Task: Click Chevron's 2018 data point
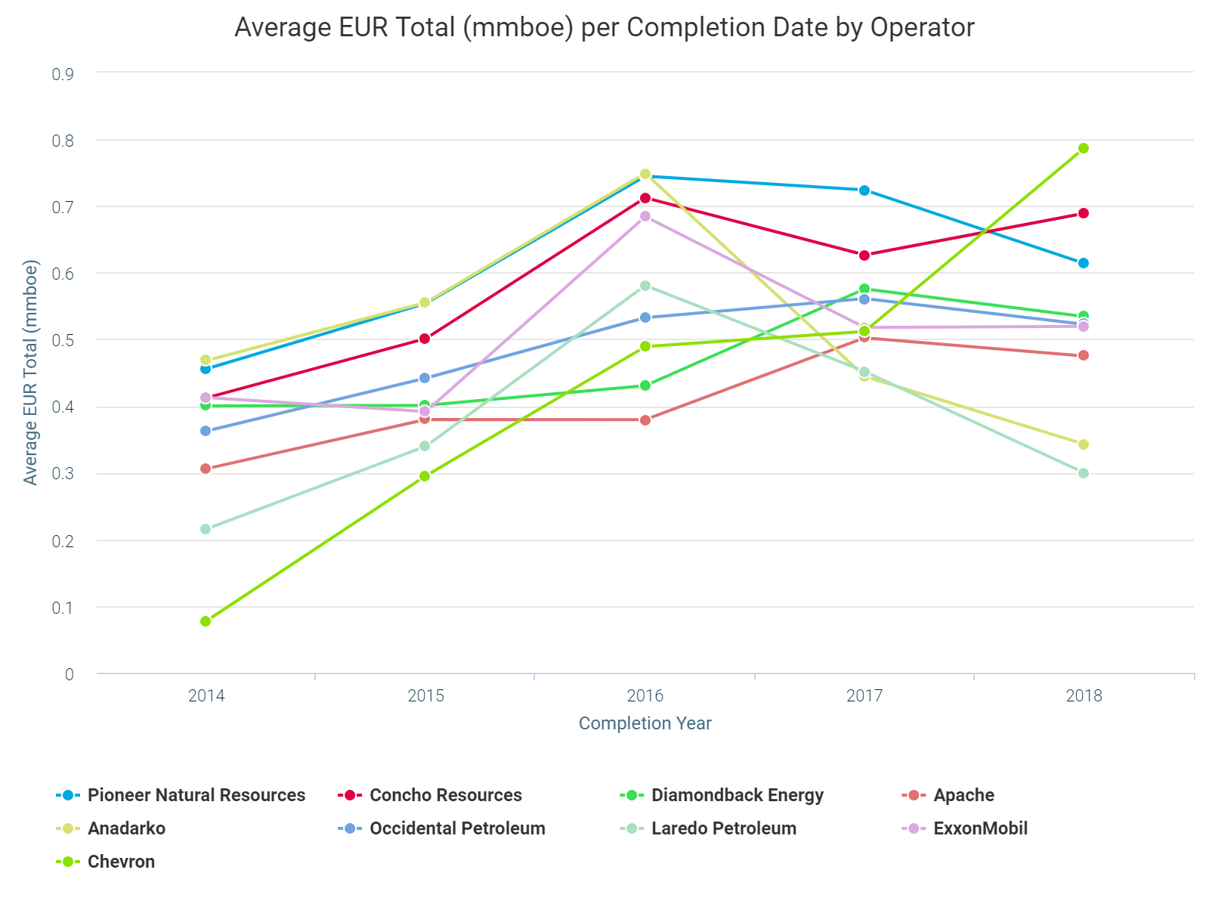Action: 1083,148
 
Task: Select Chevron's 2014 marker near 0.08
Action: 206,621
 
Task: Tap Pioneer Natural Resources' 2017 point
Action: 864,190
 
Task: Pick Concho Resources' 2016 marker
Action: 645,198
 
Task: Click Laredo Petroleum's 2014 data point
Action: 206,529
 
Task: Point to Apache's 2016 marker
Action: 645,420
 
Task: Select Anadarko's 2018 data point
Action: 1083,444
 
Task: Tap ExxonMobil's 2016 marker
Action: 645,216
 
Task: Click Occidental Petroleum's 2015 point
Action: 425,378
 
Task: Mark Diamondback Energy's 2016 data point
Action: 645,385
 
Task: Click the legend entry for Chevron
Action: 121,862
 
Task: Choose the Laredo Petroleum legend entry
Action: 723,828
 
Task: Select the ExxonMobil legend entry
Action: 980,828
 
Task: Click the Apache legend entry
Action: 963,795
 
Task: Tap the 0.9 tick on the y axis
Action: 63,74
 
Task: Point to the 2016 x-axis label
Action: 645,695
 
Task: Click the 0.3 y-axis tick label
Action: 63,474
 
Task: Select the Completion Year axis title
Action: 645,723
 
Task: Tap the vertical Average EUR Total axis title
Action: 30,372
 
